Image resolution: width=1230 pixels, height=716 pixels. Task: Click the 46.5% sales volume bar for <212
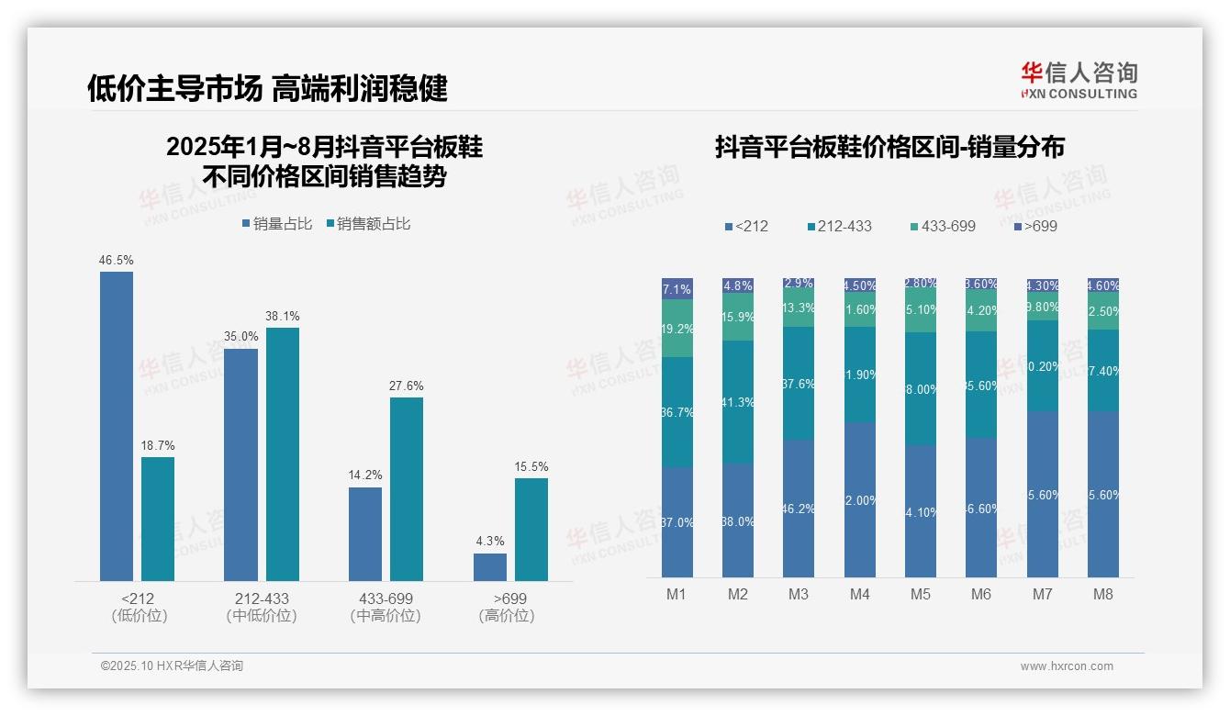[x=117, y=426]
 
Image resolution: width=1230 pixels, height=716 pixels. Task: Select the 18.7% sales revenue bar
[x=158, y=519]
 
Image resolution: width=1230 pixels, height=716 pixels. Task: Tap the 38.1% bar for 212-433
[x=283, y=454]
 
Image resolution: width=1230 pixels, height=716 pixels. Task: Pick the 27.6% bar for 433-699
[x=407, y=488]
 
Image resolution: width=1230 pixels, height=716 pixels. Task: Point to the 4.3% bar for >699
[x=490, y=566]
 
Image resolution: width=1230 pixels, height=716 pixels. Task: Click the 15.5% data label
[x=531, y=467]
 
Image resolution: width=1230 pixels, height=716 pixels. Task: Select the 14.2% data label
[x=365, y=475]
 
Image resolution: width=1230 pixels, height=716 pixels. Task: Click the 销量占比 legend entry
[x=277, y=224]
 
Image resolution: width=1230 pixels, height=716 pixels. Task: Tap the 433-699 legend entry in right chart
[x=943, y=226]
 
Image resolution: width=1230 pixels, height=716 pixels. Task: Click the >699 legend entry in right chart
[x=1036, y=226]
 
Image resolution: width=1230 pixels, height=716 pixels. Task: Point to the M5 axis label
[x=921, y=594]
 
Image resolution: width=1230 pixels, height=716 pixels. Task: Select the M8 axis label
[x=1103, y=594]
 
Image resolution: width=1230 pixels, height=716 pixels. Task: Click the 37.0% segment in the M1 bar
[x=677, y=522]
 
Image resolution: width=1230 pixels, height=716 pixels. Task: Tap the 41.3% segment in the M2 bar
[x=738, y=402]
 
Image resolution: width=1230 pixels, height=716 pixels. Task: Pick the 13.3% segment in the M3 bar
[x=799, y=308]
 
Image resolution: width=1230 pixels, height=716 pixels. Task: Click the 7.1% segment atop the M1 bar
[x=677, y=289]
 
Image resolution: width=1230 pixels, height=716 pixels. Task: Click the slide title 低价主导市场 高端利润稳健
[x=267, y=88]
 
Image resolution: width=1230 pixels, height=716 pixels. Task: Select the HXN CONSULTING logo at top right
[x=1079, y=80]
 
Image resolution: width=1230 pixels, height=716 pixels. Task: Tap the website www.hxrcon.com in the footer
[x=1067, y=666]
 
